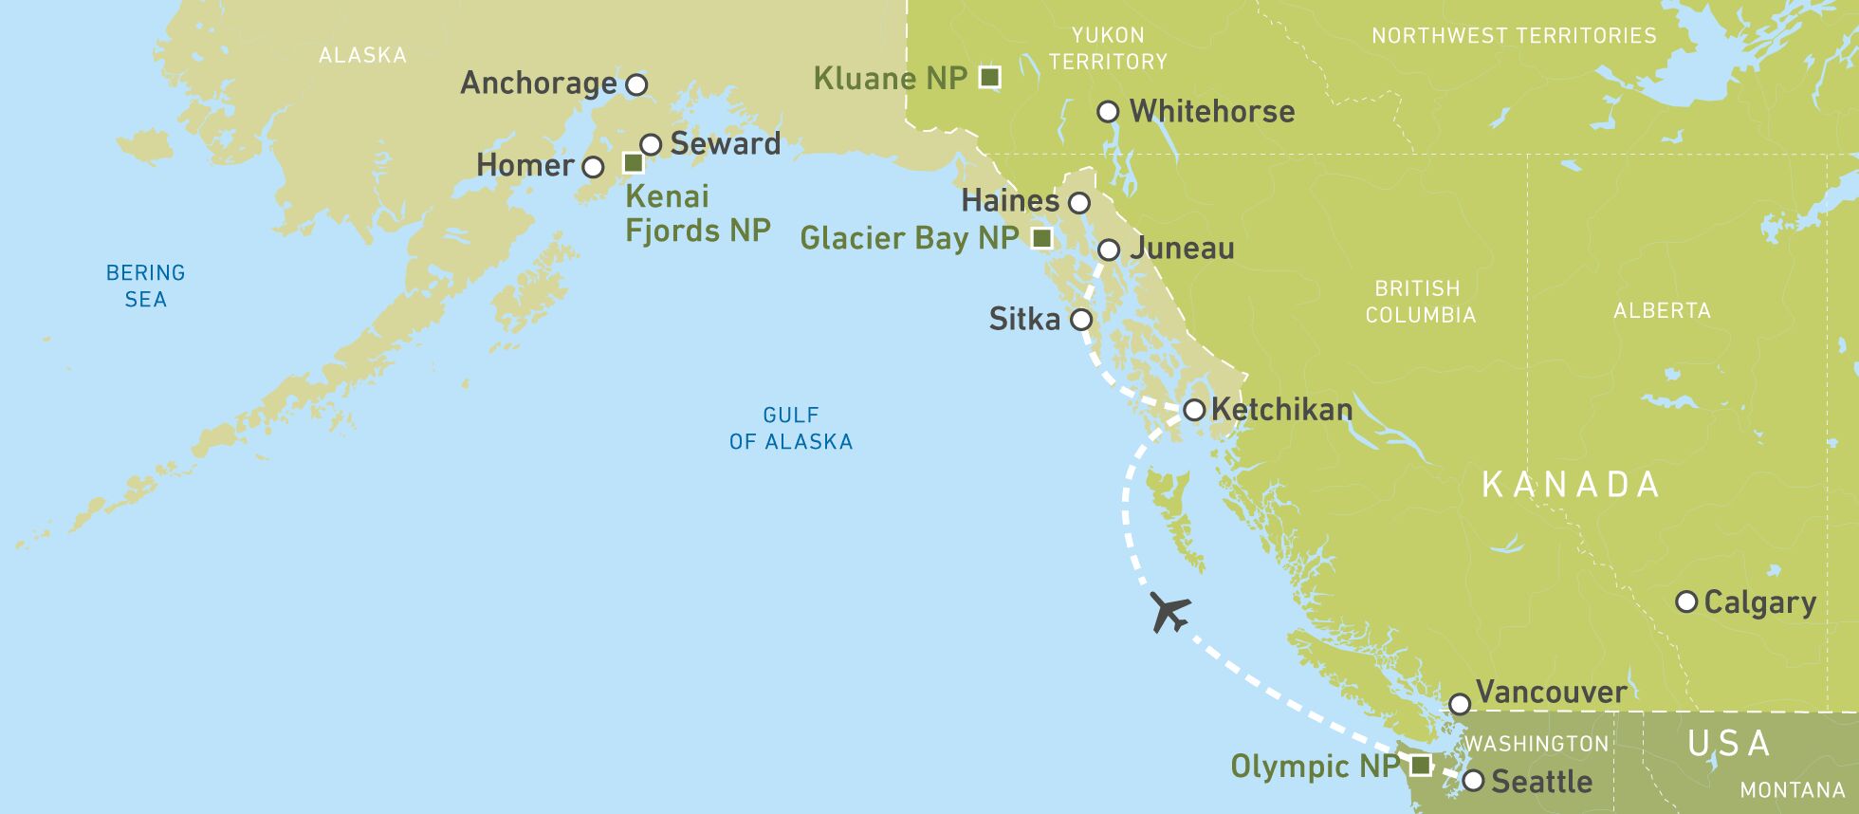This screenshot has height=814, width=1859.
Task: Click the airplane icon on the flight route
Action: [x=1169, y=612]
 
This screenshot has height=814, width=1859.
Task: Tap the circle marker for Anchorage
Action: [x=637, y=84]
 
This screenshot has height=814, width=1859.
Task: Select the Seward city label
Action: [x=726, y=144]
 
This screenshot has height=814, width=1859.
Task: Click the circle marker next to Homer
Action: [x=593, y=168]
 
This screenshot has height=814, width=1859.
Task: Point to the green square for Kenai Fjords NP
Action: [x=634, y=163]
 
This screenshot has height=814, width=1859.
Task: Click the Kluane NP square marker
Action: [x=989, y=77]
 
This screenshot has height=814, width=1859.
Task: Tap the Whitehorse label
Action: [x=1212, y=112]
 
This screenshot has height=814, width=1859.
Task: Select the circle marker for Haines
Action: [x=1079, y=203]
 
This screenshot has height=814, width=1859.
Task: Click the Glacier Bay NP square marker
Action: [x=1041, y=238]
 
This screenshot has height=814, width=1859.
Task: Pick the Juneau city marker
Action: [x=1109, y=250]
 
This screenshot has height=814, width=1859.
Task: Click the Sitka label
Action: [x=1024, y=319]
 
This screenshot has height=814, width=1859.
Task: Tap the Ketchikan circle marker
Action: [x=1194, y=410]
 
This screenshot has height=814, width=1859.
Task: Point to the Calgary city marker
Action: [x=1686, y=601]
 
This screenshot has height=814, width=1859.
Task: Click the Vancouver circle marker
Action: [x=1460, y=704]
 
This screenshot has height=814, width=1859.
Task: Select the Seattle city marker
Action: [x=1473, y=781]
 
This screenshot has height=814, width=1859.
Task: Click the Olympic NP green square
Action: [x=1420, y=765]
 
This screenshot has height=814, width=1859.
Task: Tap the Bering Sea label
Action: [x=145, y=286]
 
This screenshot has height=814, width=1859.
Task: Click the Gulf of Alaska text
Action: [x=790, y=428]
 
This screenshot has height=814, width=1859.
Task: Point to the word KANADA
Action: [x=1571, y=485]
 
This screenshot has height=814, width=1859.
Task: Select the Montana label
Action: [x=1792, y=789]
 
